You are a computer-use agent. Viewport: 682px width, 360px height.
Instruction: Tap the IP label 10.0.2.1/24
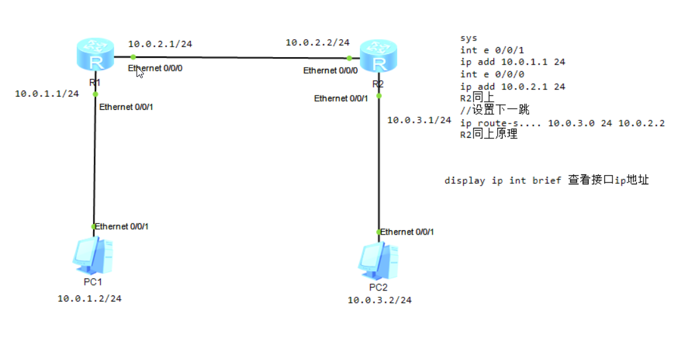[160, 44]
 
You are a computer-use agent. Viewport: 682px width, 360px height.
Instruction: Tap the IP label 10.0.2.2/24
[317, 43]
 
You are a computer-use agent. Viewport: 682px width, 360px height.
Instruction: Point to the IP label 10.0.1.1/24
[47, 94]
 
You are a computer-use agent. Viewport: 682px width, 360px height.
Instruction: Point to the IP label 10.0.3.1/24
[419, 120]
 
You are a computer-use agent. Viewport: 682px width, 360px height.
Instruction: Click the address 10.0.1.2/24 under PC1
[89, 299]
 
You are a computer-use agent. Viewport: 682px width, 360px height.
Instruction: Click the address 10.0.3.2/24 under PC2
[379, 300]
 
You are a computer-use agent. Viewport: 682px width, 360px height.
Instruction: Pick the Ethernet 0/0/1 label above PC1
[122, 227]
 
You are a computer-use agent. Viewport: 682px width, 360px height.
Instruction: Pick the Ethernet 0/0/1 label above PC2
[407, 232]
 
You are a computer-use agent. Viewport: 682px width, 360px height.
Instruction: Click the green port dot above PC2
[379, 232]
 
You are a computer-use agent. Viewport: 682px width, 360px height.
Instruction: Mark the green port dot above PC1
[94, 227]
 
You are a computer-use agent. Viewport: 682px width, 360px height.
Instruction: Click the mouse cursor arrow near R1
[140, 72]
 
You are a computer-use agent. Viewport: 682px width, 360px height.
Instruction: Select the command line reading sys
[469, 38]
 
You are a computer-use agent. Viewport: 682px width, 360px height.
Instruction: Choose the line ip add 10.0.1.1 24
[513, 62]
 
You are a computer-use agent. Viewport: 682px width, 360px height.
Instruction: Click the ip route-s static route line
[562, 123]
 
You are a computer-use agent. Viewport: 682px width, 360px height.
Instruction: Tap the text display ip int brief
[502, 181]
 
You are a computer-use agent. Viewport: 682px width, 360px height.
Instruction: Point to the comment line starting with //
[495, 110]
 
